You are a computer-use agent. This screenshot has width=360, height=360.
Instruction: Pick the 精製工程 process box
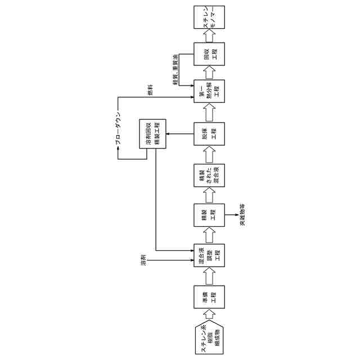coord(209,215)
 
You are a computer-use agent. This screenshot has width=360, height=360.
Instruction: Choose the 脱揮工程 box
coord(209,133)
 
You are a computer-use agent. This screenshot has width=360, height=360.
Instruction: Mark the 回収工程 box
coord(209,55)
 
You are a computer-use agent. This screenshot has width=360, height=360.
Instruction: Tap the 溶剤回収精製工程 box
coord(152,134)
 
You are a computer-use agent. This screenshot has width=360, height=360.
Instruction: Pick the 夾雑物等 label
coord(242,215)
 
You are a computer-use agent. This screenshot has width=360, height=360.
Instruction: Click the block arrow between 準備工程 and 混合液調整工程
coord(209,277)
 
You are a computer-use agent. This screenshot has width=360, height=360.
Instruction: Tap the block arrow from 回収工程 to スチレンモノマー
coord(209,37)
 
